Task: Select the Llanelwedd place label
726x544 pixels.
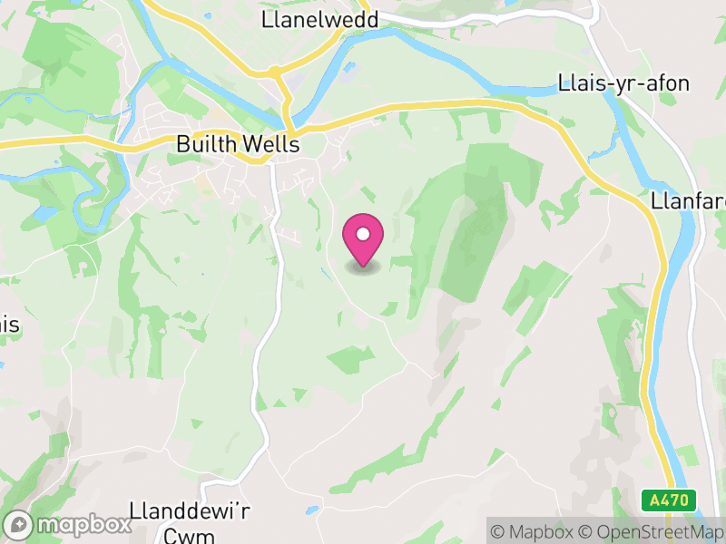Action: click(319, 19)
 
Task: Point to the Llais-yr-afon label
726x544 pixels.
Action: click(623, 84)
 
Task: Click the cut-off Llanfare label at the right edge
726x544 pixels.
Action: click(688, 200)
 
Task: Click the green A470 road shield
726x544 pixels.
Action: click(669, 500)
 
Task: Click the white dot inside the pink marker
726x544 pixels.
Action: click(363, 234)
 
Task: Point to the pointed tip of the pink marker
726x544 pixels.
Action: click(363, 266)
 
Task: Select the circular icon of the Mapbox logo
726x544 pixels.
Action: click(19, 525)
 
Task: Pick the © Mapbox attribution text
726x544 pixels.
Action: click(535, 532)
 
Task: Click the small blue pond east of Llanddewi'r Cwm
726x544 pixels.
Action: click(313, 510)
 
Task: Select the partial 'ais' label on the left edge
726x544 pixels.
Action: click(9, 325)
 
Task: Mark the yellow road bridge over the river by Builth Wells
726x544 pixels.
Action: click(289, 124)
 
